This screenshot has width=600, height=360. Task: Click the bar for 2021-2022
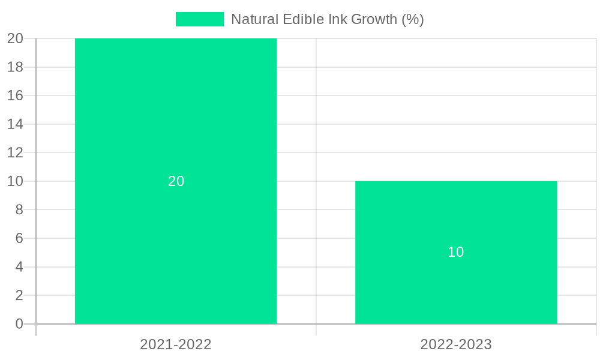pyautogui.click(x=176, y=120)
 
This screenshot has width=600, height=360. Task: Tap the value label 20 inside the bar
pyautogui.click(x=176, y=181)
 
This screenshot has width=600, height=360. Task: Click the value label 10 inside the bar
pyautogui.click(x=456, y=252)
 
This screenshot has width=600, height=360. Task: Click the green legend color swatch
pyautogui.click(x=199, y=19)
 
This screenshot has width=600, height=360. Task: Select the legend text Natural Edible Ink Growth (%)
pyautogui.click(x=327, y=19)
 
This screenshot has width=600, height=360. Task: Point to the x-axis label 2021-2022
pyautogui.click(x=176, y=344)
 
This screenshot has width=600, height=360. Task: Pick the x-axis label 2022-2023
pyautogui.click(x=456, y=344)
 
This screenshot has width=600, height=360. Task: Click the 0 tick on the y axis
pyautogui.click(x=19, y=324)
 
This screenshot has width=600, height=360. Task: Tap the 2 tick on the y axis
pyautogui.click(x=19, y=295)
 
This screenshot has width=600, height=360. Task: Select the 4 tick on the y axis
pyautogui.click(x=19, y=267)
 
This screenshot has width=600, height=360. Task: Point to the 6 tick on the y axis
pyautogui.click(x=19, y=238)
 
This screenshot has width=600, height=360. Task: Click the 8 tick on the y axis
pyautogui.click(x=19, y=209)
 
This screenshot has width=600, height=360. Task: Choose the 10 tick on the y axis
pyautogui.click(x=15, y=181)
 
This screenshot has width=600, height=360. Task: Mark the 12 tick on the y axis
pyautogui.click(x=15, y=152)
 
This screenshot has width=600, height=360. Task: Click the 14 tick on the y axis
pyautogui.click(x=15, y=124)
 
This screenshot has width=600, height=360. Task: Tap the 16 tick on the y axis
pyautogui.click(x=15, y=95)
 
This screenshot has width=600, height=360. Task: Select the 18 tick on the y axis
pyautogui.click(x=15, y=67)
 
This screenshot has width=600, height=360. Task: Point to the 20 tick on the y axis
pyautogui.click(x=15, y=38)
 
